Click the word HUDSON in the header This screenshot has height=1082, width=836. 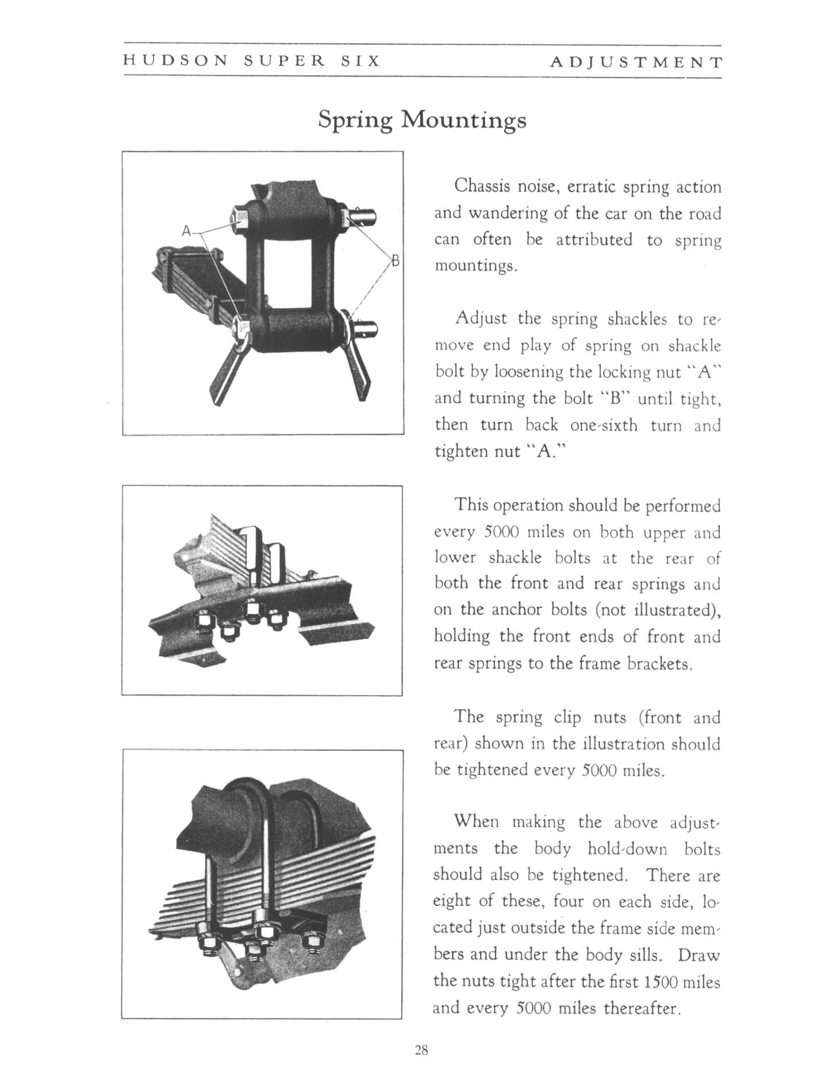coord(175,61)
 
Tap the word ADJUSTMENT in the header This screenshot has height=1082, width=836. coord(635,62)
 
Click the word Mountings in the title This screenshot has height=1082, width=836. coord(463,120)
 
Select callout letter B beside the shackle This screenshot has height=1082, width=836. coord(396,259)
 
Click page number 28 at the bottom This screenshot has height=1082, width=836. coord(421,1050)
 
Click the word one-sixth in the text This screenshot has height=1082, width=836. coord(604,425)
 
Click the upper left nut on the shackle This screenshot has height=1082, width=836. coord(239,218)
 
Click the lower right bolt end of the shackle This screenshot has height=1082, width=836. coord(366,330)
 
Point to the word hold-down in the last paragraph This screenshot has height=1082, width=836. coord(628,849)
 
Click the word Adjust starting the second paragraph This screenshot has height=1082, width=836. coord(480,319)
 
